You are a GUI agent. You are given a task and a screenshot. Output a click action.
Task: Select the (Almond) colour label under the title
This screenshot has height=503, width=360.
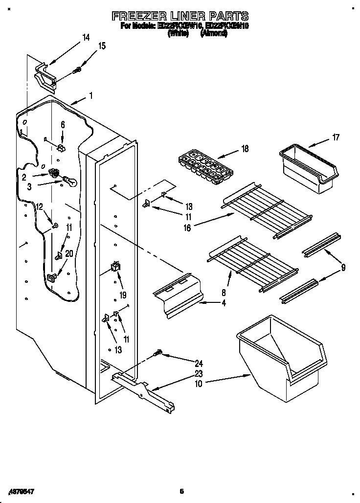point(214,34)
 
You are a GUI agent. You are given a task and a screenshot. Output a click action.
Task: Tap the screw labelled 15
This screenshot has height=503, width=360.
point(77,71)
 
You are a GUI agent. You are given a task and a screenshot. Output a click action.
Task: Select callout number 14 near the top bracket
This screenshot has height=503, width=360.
point(86,37)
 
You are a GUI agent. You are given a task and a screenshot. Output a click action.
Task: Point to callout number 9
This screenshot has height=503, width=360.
point(343,267)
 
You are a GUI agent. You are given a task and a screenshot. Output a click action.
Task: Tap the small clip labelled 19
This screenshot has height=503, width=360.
point(115,267)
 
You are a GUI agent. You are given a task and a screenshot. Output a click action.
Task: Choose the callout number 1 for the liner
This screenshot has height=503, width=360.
point(90,96)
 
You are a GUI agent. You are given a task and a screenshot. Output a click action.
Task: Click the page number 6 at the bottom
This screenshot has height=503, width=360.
point(181,491)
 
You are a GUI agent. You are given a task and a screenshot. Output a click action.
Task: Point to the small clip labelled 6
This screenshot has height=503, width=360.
point(61,147)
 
